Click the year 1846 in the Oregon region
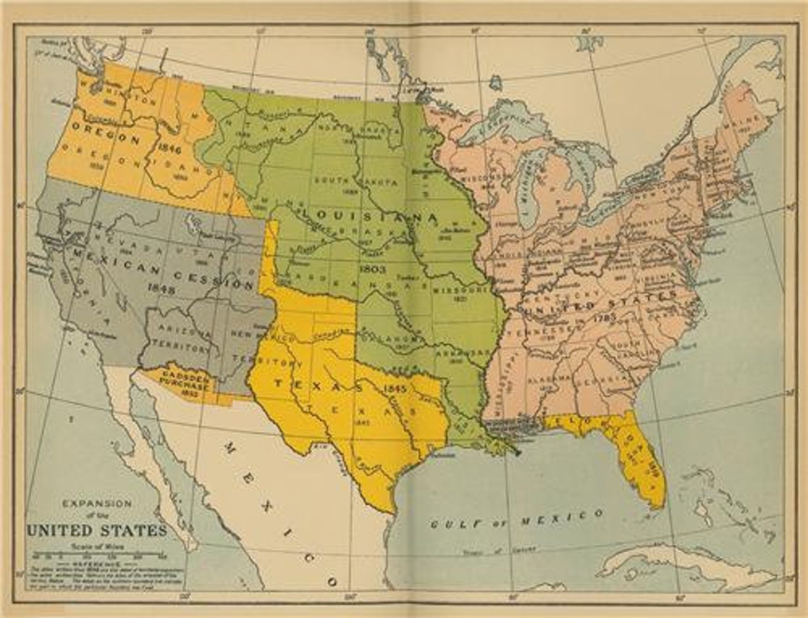pyautogui.click(x=171, y=149)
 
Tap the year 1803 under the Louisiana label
pyautogui.click(x=371, y=269)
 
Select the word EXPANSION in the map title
pyautogui.click(x=97, y=503)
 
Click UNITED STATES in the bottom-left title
pyautogui.click(x=97, y=530)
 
